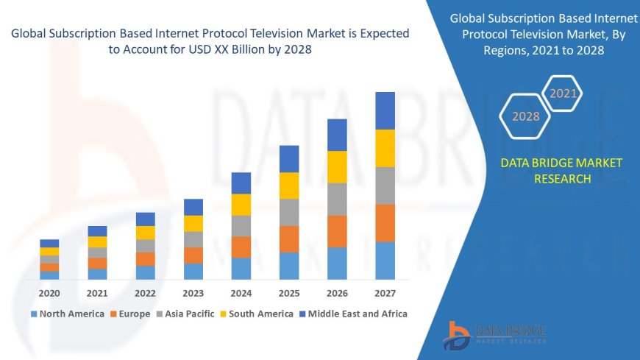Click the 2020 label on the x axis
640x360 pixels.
click(x=49, y=293)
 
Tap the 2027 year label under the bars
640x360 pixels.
click(x=385, y=293)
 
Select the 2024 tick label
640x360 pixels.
click(x=241, y=293)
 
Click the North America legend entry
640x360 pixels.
click(x=67, y=314)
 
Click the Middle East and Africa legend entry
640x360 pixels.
click(x=352, y=314)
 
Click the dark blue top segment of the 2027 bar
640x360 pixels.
click(x=385, y=110)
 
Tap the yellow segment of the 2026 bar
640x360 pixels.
click(x=337, y=166)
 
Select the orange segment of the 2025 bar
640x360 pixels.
click(x=289, y=239)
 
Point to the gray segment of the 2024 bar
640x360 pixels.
click(x=241, y=225)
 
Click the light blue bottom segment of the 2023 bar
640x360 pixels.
click(x=193, y=271)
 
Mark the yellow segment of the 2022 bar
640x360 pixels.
click(x=146, y=233)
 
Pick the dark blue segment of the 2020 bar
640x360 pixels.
click(x=49, y=243)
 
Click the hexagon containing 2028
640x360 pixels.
click(x=525, y=116)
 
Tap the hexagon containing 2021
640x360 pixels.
click(x=563, y=93)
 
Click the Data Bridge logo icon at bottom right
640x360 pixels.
click(x=457, y=335)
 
